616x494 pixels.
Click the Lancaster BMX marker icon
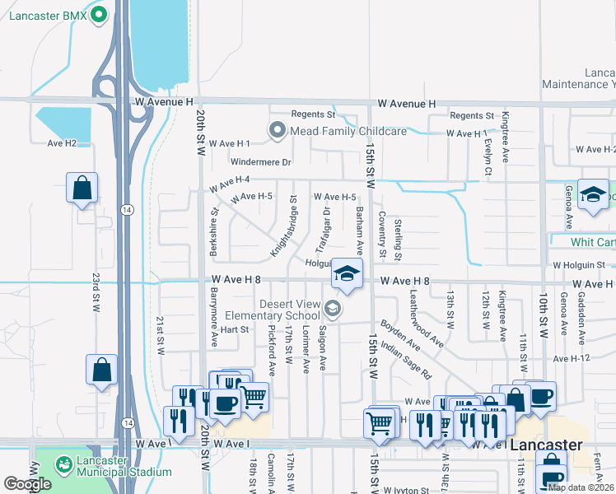click(100, 13)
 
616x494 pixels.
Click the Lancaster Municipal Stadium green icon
click(63, 464)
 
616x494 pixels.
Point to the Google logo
click(27, 484)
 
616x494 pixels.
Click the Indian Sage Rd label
click(405, 361)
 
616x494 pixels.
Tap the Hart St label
click(234, 329)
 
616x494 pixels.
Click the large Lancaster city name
click(546, 444)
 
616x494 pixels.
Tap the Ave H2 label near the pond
click(62, 143)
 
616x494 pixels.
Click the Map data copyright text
click(581, 487)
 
